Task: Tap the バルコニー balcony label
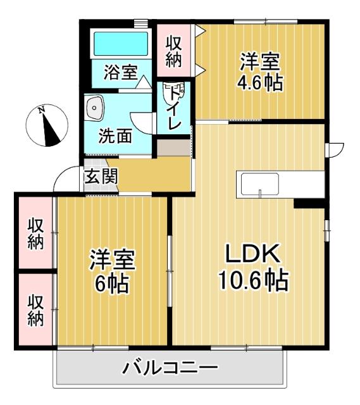tap(170, 368)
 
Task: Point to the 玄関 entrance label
tap(101, 175)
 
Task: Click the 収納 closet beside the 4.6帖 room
tap(175, 51)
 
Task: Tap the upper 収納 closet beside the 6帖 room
tap(35, 234)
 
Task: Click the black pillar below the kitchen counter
tap(309, 203)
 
